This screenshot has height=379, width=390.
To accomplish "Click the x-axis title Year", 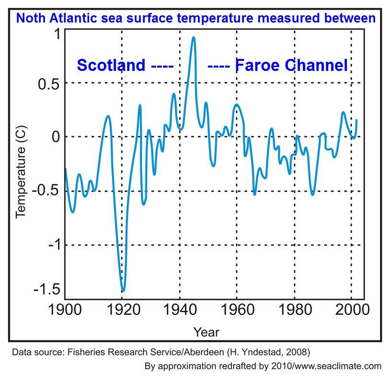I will (206, 332).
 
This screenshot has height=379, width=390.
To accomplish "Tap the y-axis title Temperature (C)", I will (21, 172).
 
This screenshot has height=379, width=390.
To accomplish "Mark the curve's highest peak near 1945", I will (194, 37).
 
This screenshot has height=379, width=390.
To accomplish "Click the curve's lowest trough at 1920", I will (123, 290).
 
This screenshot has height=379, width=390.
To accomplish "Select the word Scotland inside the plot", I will (111, 65).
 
